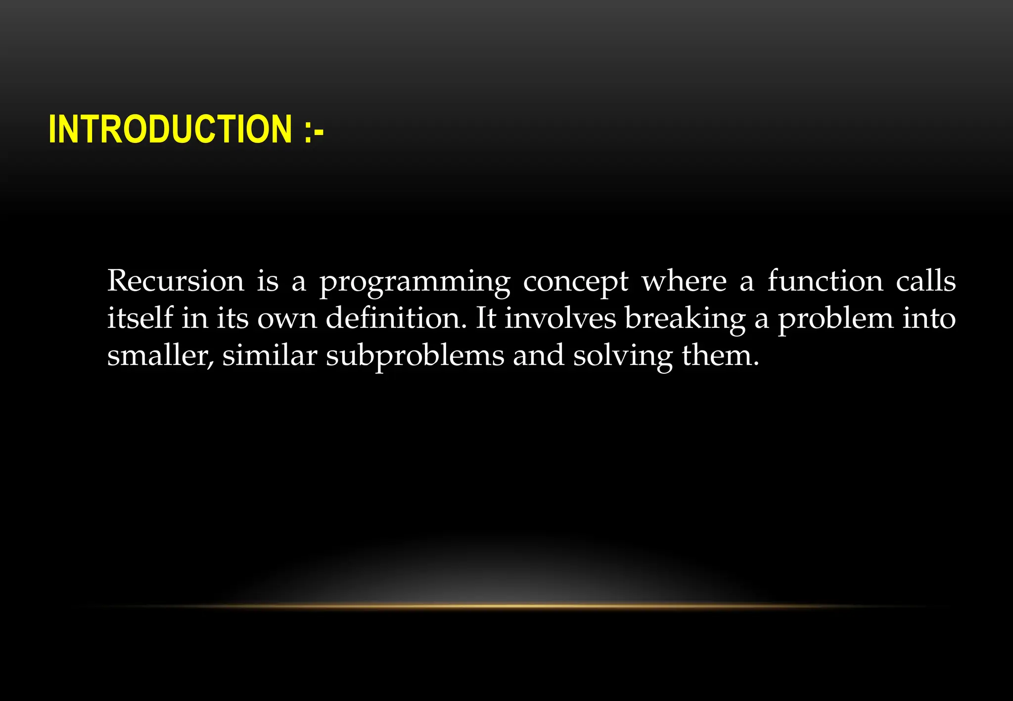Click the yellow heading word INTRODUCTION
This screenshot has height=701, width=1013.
[x=170, y=129]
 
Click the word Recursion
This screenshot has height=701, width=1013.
[x=176, y=281]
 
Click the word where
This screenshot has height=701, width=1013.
[x=684, y=281]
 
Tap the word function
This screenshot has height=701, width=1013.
[x=825, y=281]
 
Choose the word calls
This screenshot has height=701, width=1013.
[x=926, y=281]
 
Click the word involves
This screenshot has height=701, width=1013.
[x=560, y=318]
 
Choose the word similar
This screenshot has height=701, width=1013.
[x=270, y=355]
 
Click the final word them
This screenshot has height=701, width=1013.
[x=720, y=355]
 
